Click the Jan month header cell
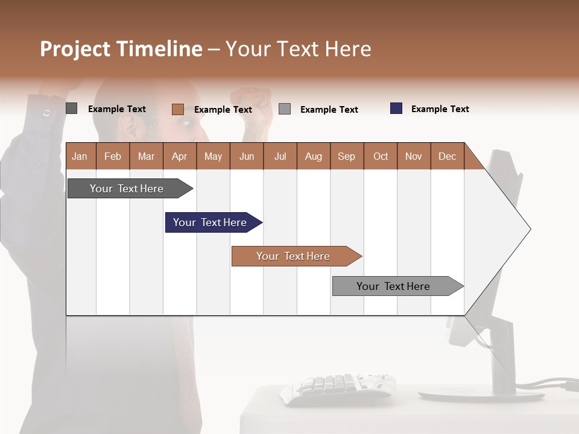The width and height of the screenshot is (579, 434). (x=80, y=156)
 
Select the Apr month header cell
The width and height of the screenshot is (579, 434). (x=180, y=156)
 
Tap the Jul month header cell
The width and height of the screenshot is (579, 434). (x=280, y=156)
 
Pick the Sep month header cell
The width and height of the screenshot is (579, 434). (x=347, y=156)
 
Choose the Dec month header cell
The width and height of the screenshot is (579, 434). (x=448, y=156)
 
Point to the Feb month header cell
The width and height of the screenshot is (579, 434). (x=113, y=156)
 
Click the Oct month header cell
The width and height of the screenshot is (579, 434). (x=381, y=156)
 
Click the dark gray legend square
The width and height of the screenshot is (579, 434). (x=71, y=108)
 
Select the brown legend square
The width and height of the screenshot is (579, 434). (x=177, y=109)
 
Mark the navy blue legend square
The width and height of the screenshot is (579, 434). (x=396, y=108)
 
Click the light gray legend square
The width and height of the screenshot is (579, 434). (x=285, y=109)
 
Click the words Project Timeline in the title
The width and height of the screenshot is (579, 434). (x=121, y=49)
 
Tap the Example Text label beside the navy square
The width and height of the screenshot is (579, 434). (x=440, y=109)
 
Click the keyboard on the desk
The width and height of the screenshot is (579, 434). (x=338, y=386)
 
